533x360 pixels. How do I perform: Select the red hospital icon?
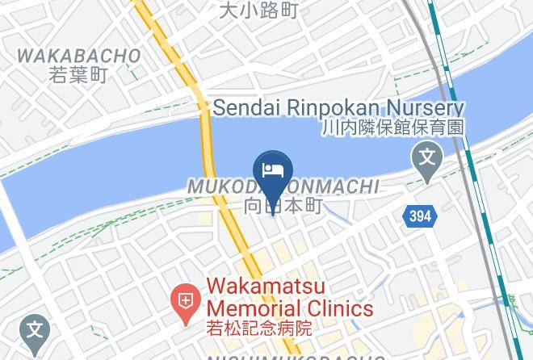coord(185,303)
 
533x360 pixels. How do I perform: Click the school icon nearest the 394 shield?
coord(427,157)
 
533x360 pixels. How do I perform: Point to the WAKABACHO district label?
coord(78,57)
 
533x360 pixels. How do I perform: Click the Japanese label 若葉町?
coord(78,75)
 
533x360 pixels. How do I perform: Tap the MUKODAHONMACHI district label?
coord(283,187)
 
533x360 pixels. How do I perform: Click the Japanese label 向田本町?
coord(283,206)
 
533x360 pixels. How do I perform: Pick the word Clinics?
coord(339,308)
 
